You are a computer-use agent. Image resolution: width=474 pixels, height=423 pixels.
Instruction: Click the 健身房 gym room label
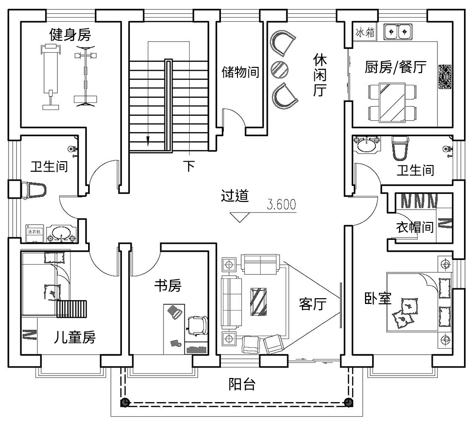click(70, 34)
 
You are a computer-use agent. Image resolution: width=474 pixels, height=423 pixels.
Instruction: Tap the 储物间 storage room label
click(240, 72)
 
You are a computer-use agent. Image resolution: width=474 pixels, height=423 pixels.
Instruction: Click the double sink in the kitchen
click(397, 32)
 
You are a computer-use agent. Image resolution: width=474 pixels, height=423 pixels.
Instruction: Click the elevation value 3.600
click(282, 204)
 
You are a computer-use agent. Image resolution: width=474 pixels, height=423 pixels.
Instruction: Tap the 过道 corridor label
click(235, 196)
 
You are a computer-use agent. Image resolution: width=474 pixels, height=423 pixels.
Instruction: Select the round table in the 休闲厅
click(279, 69)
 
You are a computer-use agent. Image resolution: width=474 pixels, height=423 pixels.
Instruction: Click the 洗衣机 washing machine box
click(34, 232)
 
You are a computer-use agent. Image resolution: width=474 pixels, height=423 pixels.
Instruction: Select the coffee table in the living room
click(259, 301)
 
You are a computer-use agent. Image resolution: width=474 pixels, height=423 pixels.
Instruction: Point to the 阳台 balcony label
click(242, 384)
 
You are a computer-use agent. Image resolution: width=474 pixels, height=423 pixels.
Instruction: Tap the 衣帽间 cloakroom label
click(415, 227)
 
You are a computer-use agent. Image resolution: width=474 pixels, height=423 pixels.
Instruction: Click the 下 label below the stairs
click(189, 166)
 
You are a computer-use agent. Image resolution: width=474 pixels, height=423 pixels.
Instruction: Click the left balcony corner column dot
click(125, 403)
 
